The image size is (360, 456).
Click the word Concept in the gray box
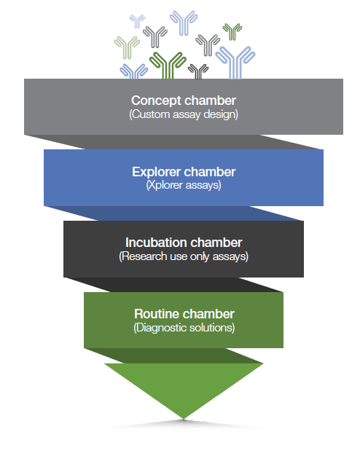[x=156, y=101]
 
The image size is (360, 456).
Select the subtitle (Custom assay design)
[x=184, y=114]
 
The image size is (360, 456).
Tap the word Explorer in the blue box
[x=156, y=172]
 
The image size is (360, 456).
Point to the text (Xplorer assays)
[x=184, y=185]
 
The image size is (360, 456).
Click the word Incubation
[x=156, y=243]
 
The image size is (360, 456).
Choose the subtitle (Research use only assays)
[x=184, y=256]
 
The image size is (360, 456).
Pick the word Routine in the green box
[x=157, y=314]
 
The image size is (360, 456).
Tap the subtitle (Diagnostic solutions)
[x=184, y=328]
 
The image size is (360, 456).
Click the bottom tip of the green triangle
[x=184, y=419]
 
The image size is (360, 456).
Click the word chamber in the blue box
[x=210, y=172]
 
